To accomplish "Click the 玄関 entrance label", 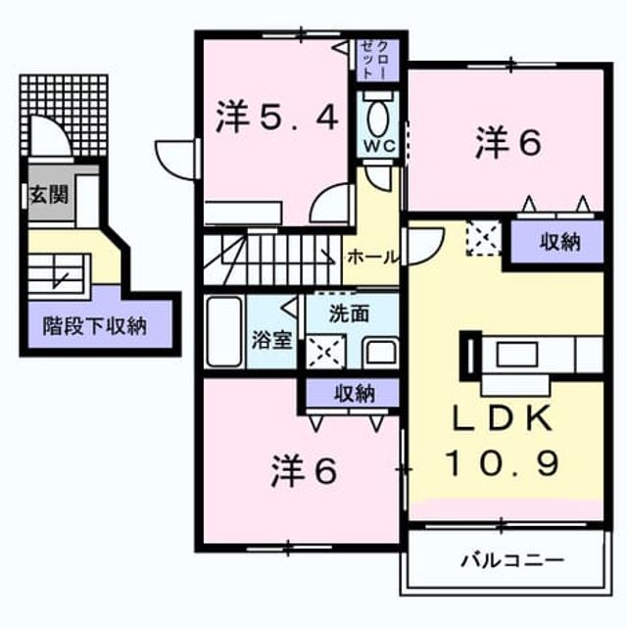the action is coord(49,195).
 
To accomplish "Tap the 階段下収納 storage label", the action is coord(95,326).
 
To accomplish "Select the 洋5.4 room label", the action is coord(277,116).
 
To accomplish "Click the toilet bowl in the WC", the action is coord(377,119).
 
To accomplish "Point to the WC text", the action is coord(379,146).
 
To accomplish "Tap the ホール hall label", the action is coord(373,258).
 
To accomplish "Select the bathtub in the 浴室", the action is coord(224,331).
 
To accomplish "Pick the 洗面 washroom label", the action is coord(349,313).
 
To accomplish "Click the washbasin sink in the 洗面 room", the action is coord(380,353).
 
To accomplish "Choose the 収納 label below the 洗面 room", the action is coord(355,394).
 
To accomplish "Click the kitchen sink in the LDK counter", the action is coord(517,355).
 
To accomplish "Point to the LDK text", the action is coord(502,418).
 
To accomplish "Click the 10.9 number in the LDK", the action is coord(502,462).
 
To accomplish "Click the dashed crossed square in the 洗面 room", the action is coord(325,352).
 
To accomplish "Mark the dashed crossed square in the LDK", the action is coord(484,238).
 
